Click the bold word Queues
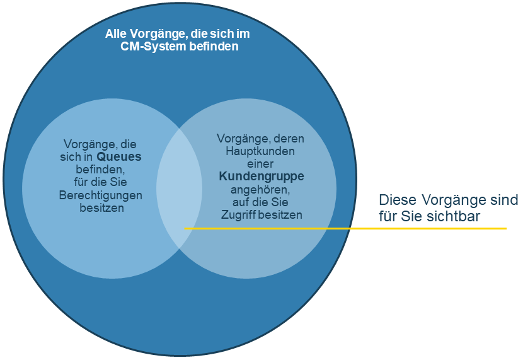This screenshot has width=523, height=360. coord(119,157)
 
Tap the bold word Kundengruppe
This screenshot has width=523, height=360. coord(261,177)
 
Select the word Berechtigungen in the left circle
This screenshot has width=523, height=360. coord(101,195)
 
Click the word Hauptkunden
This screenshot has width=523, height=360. coord(260,151)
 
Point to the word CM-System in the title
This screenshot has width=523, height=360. coord(153,47)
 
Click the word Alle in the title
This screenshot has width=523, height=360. coord(116,33)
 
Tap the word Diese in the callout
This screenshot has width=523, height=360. coord(398,200)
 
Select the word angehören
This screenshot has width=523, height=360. coord(260,190)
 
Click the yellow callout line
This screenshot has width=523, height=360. coord(345,228)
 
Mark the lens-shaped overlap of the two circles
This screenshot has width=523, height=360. coord(180,189)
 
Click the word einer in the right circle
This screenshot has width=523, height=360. coord(260,164)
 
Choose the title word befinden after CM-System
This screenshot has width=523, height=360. coord(214,47)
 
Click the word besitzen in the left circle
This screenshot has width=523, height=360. coord(101,208)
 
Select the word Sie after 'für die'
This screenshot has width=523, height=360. coord(118,182)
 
